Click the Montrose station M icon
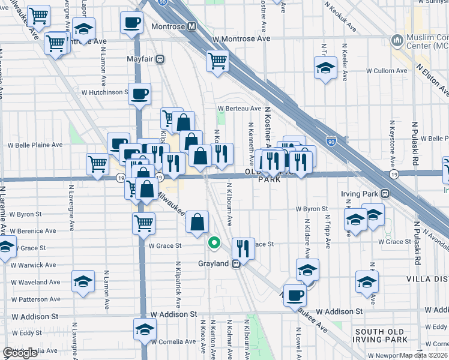coord(192,27)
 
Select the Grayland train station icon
coord(237,263)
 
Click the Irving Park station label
coord(361,194)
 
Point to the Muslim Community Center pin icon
coord(396,41)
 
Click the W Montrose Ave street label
coord(241,38)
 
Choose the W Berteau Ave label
coord(240,109)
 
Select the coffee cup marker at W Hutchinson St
coord(139,94)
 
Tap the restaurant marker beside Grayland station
coord(243,247)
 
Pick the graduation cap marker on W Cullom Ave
coord(325,68)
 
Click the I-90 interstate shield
coord(331,142)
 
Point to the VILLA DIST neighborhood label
coord(423,279)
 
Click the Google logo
coord(20,353)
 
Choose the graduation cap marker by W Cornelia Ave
coord(144,329)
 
